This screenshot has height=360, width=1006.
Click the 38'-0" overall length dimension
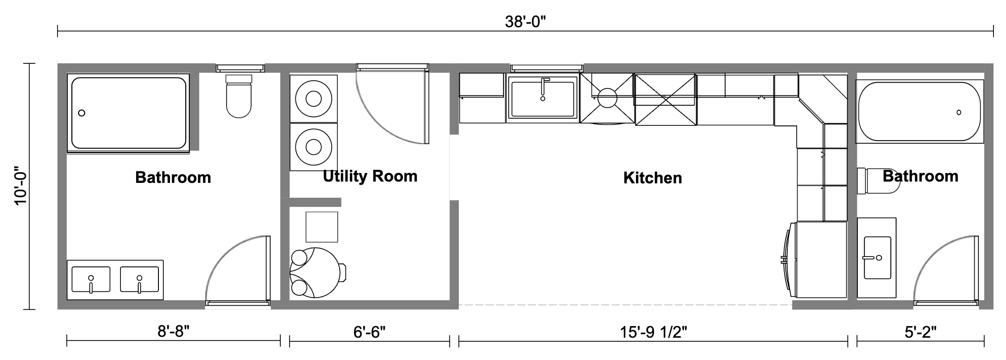(x=525, y=21)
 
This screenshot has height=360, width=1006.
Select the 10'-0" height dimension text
(x=21, y=186)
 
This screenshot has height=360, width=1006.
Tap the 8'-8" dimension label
(x=173, y=332)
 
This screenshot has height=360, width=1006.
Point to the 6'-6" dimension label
(x=369, y=332)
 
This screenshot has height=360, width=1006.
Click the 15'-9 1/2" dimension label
(x=653, y=332)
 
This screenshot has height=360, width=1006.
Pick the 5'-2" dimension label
(x=920, y=332)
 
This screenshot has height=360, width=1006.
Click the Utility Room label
(x=370, y=176)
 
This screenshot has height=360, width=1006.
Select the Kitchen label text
(x=653, y=178)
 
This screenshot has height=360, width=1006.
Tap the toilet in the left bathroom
(x=239, y=98)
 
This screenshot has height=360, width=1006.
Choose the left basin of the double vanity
(x=91, y=280)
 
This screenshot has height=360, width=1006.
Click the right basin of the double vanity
(x=139, y=280)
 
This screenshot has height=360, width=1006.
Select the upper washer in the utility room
(x=313, y=99)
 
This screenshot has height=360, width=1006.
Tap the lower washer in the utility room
(x=313, y=147)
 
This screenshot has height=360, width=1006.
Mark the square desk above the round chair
(x=321, y=227)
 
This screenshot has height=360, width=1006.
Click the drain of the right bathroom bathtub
(x=959, y=112)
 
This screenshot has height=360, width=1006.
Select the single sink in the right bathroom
(x=877, y=258)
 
